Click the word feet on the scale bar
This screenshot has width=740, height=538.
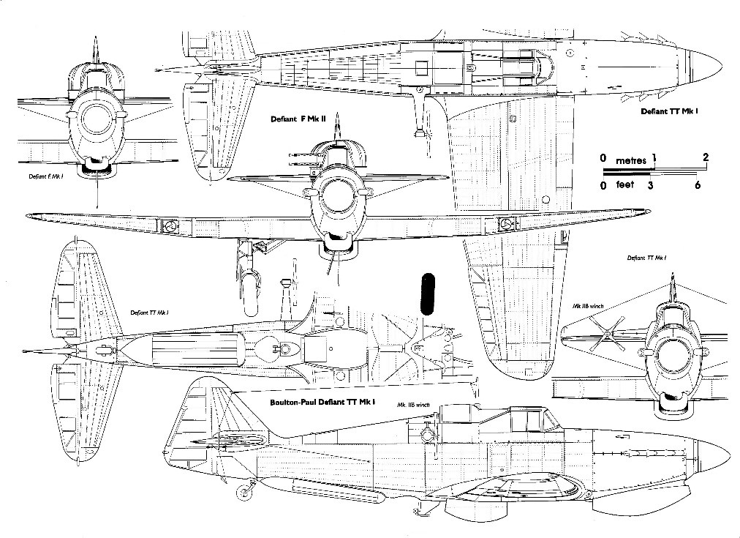624,185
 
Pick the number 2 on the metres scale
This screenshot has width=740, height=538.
706,157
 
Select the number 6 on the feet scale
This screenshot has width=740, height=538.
698,186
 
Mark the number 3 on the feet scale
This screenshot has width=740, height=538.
650,186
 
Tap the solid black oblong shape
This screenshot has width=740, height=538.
428,294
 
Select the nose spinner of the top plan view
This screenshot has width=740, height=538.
707,68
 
